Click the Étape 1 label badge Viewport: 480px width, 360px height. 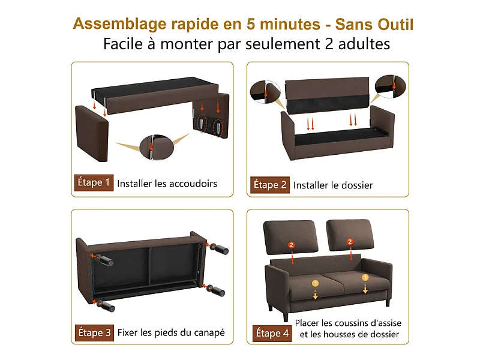point(94,182)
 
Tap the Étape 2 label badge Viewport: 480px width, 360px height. point(269,185)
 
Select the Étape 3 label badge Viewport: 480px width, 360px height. point(94,331)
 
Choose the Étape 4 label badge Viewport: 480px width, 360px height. point(272,333)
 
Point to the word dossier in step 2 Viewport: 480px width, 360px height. point(353,185)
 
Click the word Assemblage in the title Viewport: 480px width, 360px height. point(121,25)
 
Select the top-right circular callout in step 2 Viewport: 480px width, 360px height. point(388,86)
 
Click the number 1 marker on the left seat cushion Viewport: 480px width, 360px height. point(314,282)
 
